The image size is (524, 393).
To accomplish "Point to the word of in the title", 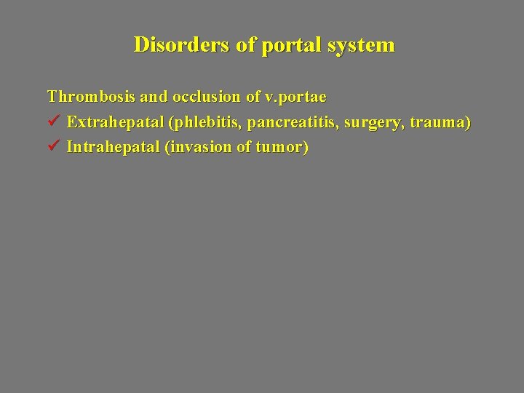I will (246, 45).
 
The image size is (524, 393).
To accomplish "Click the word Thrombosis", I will (87, 96).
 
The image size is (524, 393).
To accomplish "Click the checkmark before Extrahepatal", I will (53, 122).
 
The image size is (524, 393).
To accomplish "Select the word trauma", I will (440, 122).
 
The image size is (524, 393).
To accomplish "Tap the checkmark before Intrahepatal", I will (53, 148).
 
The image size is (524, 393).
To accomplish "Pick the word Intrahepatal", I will (114, 148).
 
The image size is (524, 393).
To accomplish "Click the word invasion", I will (195, 148).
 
